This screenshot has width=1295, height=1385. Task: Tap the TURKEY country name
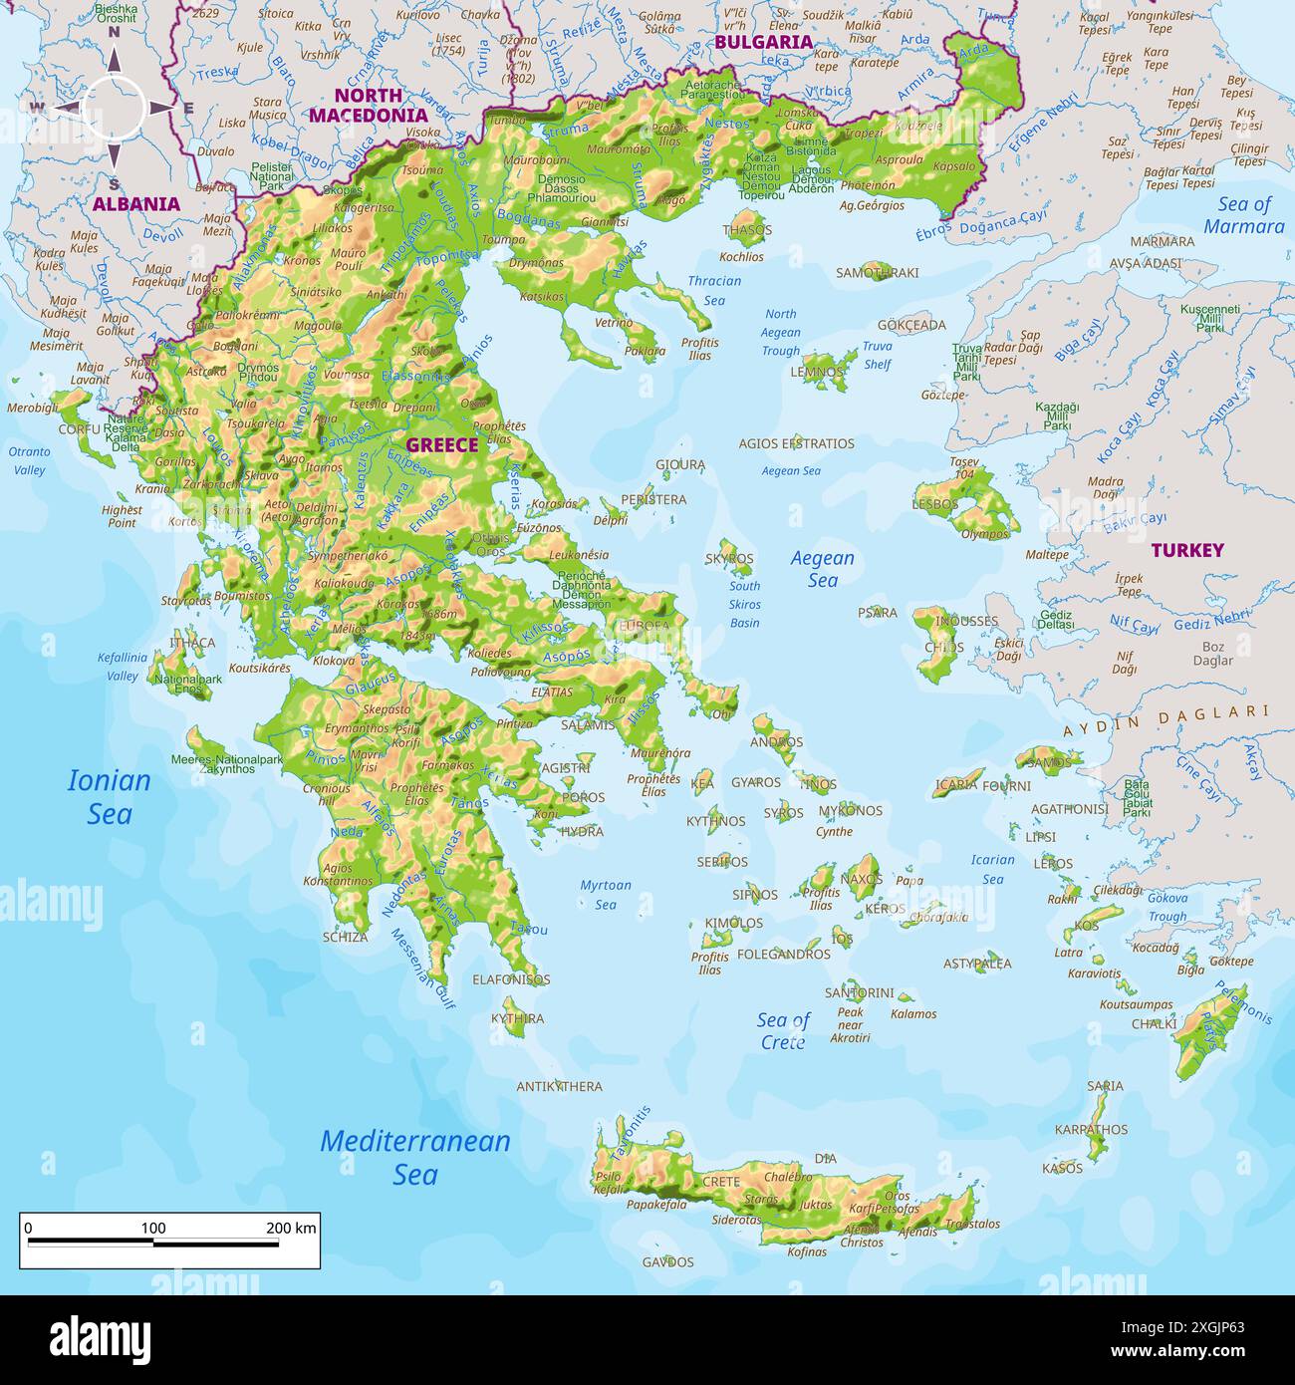(1187, 550)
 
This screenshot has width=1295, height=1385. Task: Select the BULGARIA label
(763, 42)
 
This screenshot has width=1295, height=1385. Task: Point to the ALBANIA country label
(136, 204)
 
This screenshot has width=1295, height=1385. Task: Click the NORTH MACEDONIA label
(368, 105)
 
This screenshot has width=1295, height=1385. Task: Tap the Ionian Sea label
(109, 797)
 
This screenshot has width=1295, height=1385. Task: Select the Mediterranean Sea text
(414, 1157)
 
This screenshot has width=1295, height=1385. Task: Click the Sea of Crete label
(783, 1030)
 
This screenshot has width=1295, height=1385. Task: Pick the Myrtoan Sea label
(606, 895)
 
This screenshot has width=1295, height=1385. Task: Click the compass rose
(114, 108)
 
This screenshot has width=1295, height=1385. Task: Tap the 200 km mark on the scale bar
(291, 1229)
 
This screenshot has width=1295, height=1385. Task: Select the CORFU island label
(80, 429)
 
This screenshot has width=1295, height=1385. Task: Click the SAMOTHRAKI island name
(877, 272)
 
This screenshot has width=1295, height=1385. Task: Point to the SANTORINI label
(859, 992)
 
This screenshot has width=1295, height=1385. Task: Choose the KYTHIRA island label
(517, 1018)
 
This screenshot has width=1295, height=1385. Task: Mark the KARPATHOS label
(1091, 1129)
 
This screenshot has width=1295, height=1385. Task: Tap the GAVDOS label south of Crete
(667, 1261)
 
